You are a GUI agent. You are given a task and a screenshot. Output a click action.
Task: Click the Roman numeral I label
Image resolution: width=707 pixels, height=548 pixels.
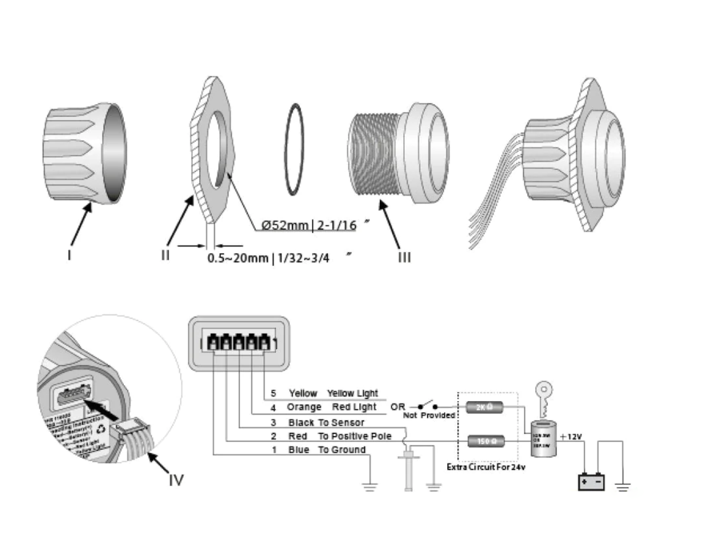(x=69, y=254)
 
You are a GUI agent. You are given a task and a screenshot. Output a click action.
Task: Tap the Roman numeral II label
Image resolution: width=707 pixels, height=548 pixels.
(x=165, y=254)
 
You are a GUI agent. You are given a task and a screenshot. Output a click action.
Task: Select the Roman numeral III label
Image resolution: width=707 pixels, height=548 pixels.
(x=404, y=257)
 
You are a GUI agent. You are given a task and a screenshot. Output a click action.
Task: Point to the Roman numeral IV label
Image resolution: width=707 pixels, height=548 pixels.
(x=176, y=480)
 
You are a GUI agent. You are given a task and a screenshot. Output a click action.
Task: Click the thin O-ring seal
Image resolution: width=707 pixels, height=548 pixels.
(x=294, y=148)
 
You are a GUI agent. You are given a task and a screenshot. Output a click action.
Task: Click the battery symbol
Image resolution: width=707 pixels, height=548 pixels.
(x=591, y=482)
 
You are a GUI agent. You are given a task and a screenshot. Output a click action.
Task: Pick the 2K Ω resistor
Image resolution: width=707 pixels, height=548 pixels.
(x=484, y=407)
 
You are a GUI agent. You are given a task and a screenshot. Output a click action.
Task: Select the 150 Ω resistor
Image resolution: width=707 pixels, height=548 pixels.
(x=484, y=440)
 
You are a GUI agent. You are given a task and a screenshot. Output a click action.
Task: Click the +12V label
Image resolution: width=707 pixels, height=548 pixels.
(x=571, y=437)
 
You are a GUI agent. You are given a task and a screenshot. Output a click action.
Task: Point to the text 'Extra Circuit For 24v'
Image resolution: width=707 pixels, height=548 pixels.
(x=486, y=467)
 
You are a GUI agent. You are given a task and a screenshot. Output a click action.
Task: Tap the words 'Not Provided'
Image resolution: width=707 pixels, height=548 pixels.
(x=429, y=415)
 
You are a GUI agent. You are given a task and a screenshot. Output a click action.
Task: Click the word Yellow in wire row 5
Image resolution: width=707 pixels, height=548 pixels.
(x=303, y=393)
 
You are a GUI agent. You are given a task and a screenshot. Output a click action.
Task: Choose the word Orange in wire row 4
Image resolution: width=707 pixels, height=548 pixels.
(x=304, y=407)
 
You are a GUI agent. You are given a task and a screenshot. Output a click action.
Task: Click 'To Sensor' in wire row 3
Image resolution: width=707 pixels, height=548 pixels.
(x=341, y=422)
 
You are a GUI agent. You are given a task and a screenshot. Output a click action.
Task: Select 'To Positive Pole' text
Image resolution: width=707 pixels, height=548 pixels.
(x=355, y=436)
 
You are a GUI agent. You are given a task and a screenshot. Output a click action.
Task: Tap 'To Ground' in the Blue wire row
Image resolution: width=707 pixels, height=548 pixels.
(x=341, y=450)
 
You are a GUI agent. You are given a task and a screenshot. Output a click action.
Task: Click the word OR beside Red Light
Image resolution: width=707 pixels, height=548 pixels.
(x=398, y=407)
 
